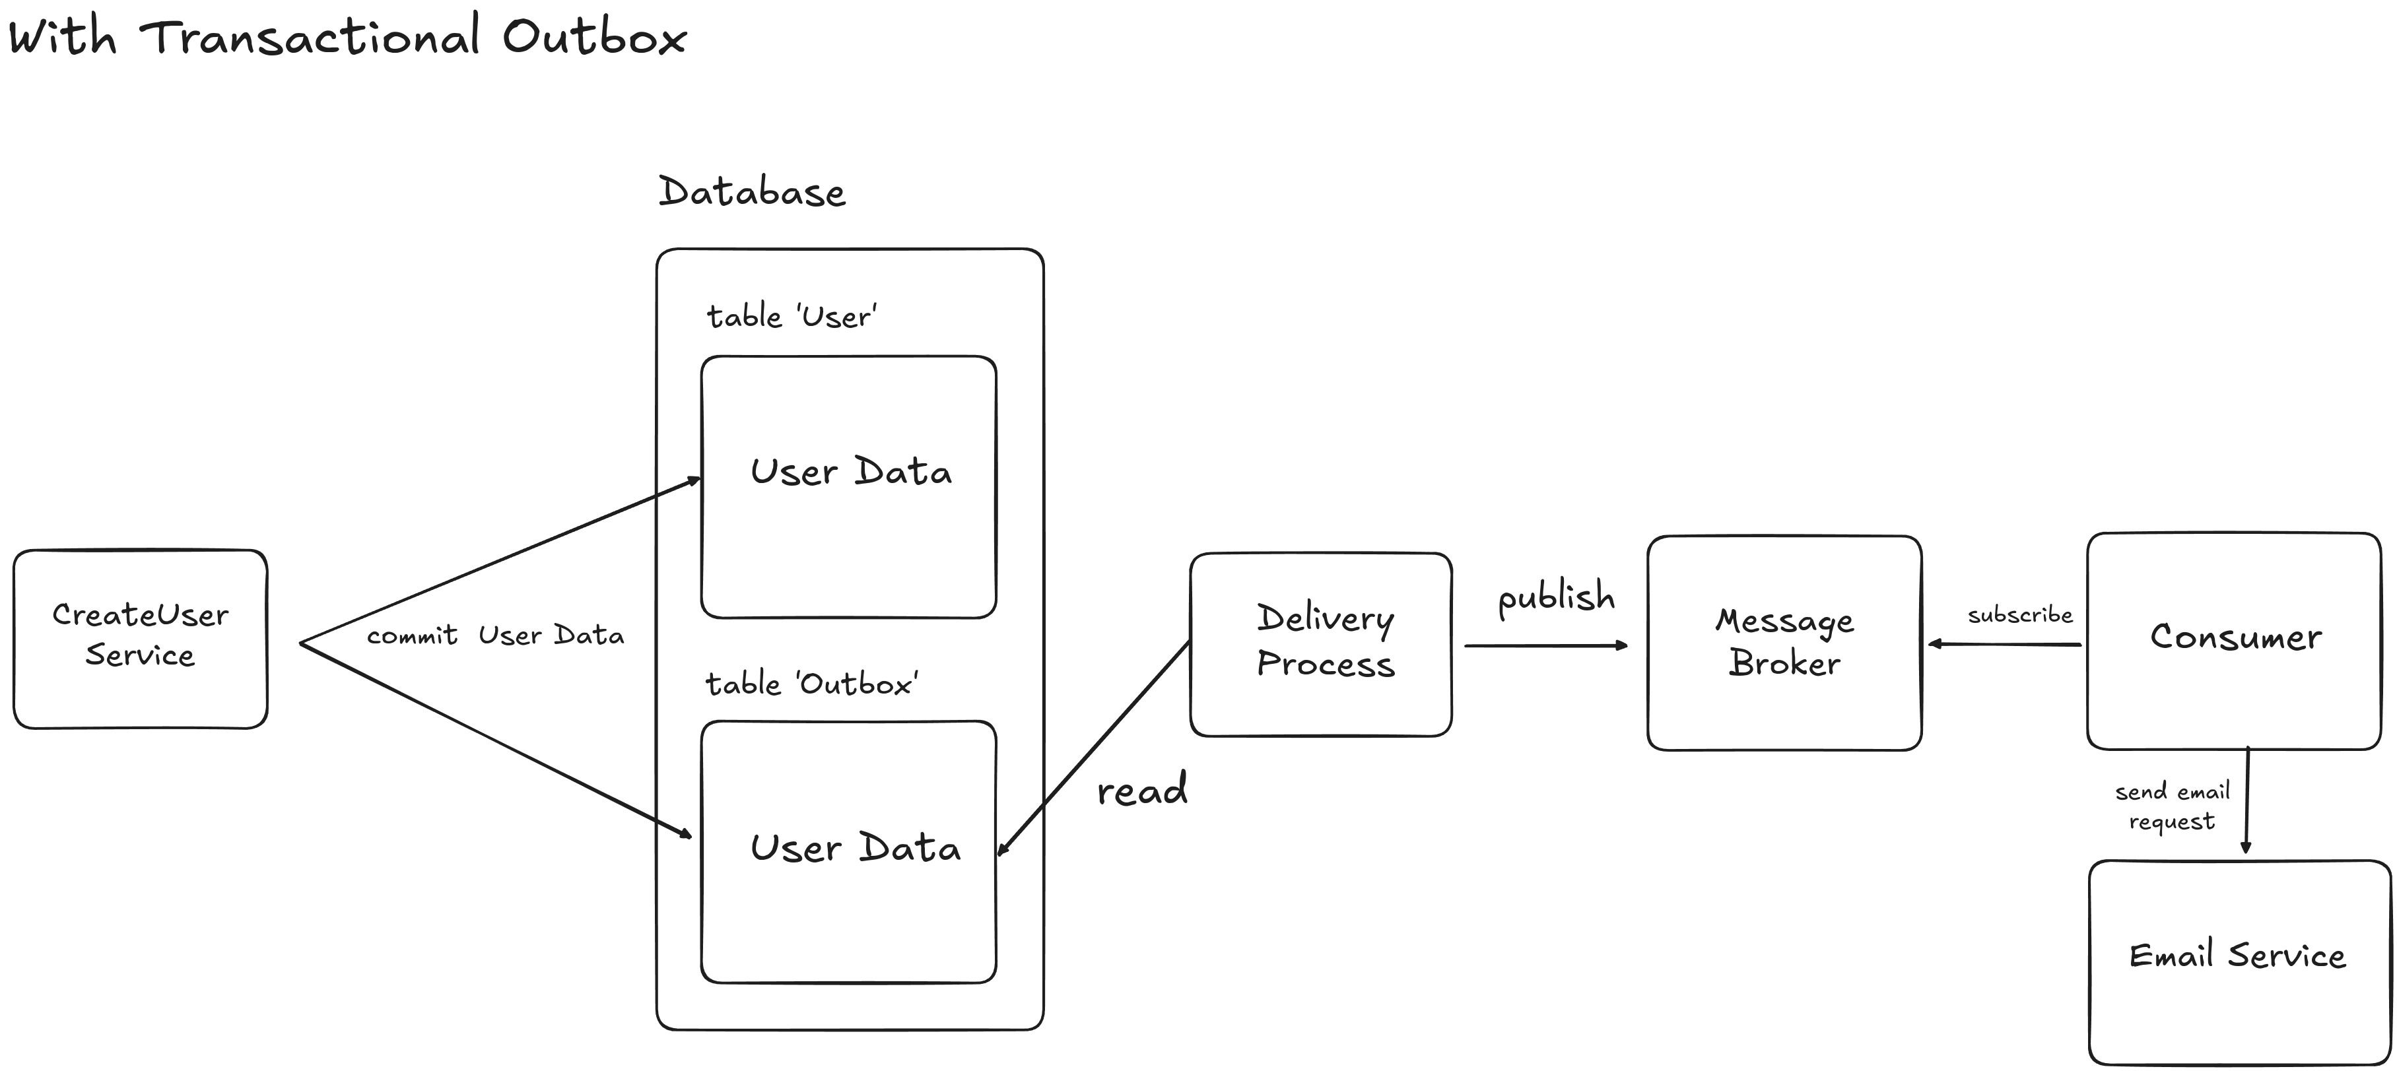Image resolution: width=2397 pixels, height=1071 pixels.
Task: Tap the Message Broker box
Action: [x=1784, y=642]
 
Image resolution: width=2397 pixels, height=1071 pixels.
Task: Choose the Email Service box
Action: [x=2238, y=961]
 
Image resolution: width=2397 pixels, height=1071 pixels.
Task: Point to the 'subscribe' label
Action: [x=2019, y=615]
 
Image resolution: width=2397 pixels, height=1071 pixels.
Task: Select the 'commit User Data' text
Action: [x=495, y=635]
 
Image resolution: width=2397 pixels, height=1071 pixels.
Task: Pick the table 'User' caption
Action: [x=791, y=316]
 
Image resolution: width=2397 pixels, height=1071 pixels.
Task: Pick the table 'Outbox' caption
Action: [x=811, y=684]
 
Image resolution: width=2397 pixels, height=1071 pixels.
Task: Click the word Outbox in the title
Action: [x=593, y=37]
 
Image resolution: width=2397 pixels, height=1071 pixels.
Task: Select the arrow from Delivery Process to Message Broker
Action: [x=1545, y=645]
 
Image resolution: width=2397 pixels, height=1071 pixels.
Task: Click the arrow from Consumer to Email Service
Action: [x=2246, y=800]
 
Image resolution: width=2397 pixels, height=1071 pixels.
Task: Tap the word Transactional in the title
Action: [x=310, y=37]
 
